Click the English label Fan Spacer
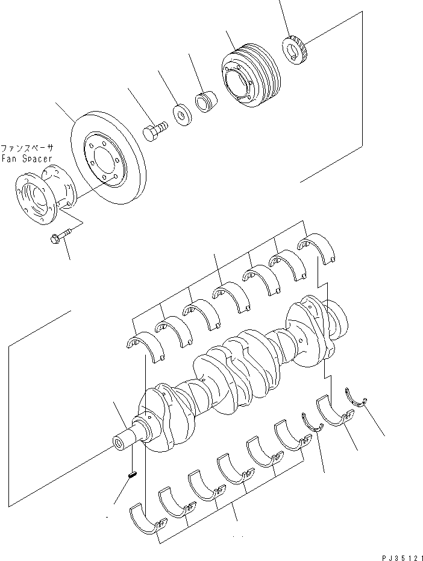27,159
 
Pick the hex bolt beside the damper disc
155,130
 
